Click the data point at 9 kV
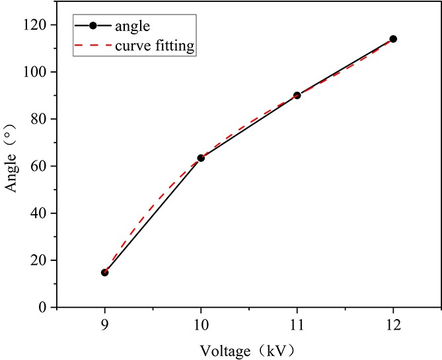pos(104,272)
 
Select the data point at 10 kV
pos(201,158)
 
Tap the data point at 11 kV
pos(297,95)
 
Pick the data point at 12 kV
pos(393,39)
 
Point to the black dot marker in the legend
pos(93,26)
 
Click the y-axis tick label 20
pos(41,260)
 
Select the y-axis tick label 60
pos(41,166)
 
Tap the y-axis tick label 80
pos(41,119)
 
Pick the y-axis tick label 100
pos(38,71)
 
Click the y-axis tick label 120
pos(38,24)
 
